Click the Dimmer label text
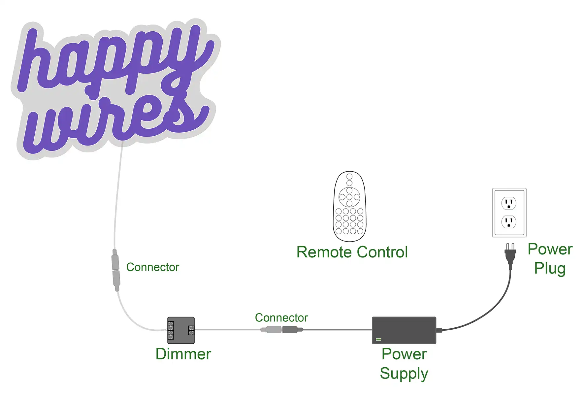(183, 354)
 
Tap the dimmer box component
(181, 330)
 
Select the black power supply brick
(404, 330)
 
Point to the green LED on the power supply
(378, 339)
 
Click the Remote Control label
(352, 252)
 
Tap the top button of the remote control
(349, 177)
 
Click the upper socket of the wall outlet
(509, 203)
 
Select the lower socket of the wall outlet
(509, 222)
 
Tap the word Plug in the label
(550, 268)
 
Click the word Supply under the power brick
(404, 374)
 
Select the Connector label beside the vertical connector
(152, 267)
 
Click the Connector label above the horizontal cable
(281, 317)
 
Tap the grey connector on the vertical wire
(115, 270)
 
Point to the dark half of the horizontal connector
(290, 329)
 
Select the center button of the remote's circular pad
(349, 197)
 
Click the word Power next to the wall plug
(550, 249)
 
